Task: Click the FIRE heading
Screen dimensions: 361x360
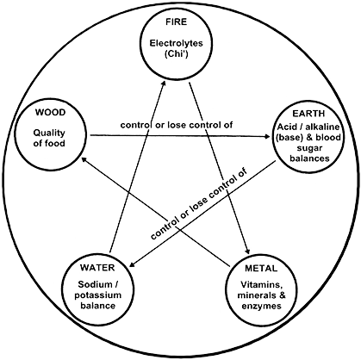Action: [x=176, y=22]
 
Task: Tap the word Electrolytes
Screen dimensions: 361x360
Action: [x=176, y=43]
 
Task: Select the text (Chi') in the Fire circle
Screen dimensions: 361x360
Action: [x=177, y=54]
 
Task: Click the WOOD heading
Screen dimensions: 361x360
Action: [x=50, y=112]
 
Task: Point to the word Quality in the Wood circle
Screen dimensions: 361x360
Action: [x=49, y=133]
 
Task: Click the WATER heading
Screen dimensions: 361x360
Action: [x=97, y=268]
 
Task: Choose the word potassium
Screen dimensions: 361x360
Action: [x=97, y=295]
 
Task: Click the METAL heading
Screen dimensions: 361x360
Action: [x=261, y=268]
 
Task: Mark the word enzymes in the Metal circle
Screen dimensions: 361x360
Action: [x=261, y=306]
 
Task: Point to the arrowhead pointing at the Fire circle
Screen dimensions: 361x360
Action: [x=164, y=84]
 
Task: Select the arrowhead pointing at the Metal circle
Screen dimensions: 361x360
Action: [x=247, y=251]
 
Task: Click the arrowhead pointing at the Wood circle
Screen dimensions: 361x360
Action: [x=84, y=158]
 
